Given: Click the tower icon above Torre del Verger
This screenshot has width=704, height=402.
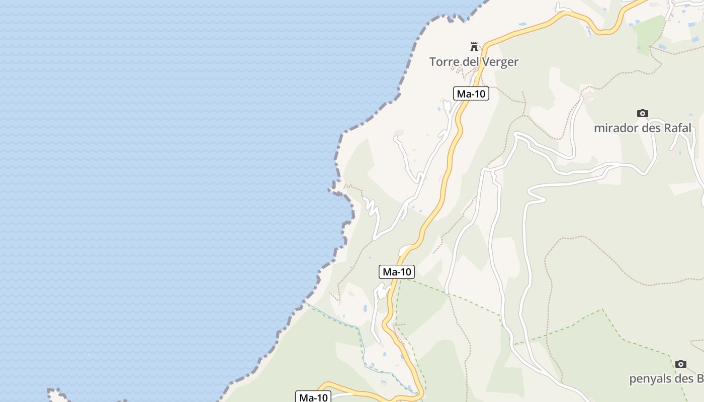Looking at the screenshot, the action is [x=474, y=47].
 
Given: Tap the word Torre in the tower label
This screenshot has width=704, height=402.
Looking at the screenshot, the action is [x=442, y=62].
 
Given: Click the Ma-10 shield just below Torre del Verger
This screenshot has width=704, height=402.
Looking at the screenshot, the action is [x=471, y=93].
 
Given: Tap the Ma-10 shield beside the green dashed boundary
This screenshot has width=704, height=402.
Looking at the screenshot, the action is [x=397, y=272].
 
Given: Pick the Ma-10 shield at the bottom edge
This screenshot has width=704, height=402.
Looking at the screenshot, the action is [x=314, y=397].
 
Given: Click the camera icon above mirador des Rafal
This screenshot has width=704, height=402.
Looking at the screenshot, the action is [x=642, y=113].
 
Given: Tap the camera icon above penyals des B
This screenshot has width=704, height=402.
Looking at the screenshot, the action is [x=680, y=364].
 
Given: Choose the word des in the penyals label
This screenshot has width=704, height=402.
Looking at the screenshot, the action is [x=684, y=378].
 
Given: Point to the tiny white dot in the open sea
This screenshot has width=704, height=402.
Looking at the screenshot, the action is [x=90, y=354].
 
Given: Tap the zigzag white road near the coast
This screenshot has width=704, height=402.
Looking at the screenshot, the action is [x=371, y=206].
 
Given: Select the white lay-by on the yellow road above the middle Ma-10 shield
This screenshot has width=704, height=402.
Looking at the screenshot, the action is [x=405, y=250].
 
